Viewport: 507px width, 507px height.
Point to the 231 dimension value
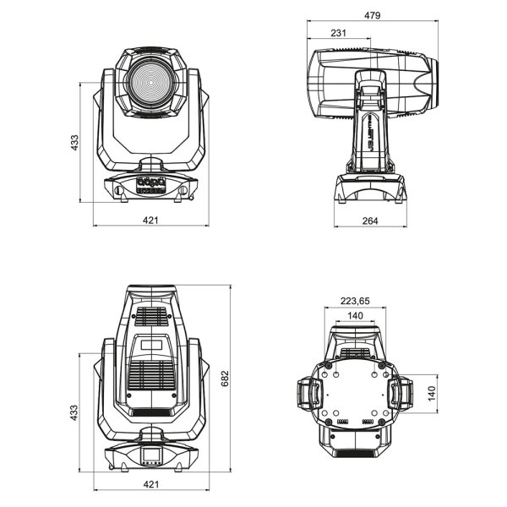coord(338,33)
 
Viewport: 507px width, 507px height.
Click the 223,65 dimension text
coord(355,301)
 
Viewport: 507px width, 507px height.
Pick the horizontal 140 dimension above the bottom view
coord(355,315)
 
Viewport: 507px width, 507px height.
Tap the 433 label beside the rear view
coord(75,412)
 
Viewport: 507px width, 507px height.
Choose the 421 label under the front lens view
coord(150,221)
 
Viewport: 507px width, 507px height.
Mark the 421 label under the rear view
coord(150,484)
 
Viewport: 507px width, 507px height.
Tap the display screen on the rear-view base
coord(151,457)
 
